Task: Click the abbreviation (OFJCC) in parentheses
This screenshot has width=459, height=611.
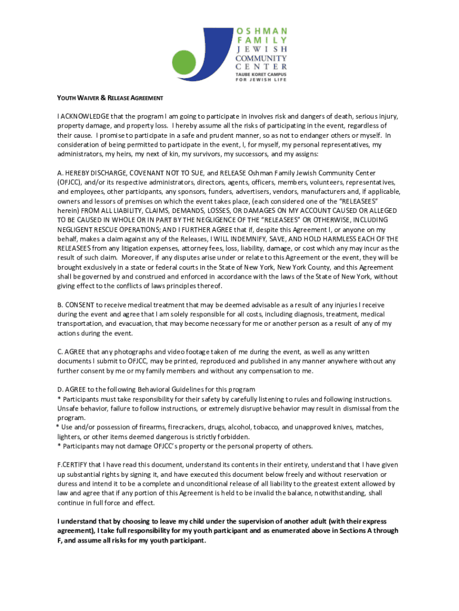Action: [73, 182]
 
